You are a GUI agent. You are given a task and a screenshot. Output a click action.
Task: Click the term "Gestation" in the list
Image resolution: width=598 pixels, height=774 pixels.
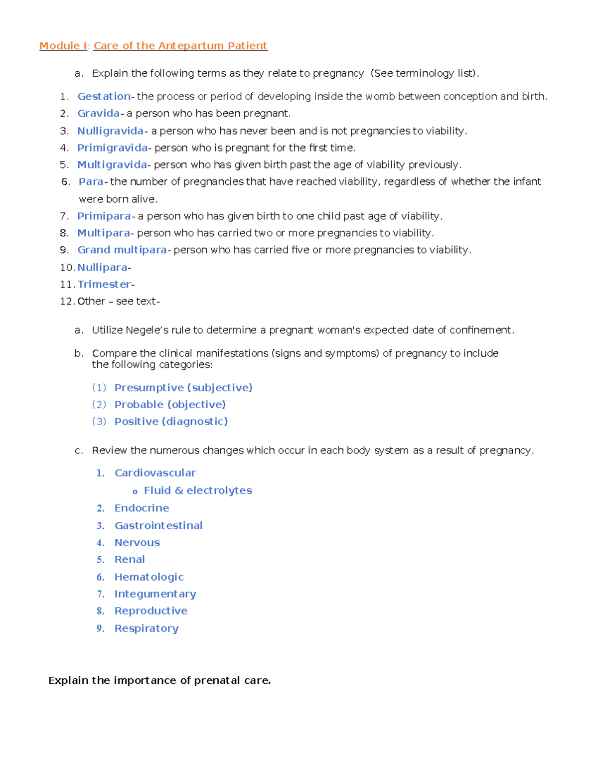[x=104, y=96]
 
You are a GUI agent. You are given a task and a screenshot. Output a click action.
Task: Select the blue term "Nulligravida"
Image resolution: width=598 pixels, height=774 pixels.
[x=110, y=131]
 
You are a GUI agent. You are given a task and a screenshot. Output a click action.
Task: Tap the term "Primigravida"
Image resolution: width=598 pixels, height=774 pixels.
[x=112, y=148]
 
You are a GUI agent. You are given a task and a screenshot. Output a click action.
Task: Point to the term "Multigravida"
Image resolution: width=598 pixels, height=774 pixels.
[x=112, y=164]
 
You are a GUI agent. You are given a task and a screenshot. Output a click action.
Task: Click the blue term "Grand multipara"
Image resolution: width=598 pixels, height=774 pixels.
[x=122, y=250]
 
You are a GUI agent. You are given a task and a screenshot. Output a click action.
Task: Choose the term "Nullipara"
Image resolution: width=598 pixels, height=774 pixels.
[x=102, y=267]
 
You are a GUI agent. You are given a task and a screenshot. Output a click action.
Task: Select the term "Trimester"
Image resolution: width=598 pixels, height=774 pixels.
[x=104, y=284]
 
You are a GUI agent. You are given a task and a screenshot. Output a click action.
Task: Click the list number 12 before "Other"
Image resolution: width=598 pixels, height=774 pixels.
[x=67, y=301]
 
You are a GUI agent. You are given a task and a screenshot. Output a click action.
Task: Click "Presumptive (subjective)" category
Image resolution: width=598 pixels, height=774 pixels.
[x=183, y=387]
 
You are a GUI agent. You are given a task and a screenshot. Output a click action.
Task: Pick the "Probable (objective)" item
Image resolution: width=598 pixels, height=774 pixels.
[x=170, y=404]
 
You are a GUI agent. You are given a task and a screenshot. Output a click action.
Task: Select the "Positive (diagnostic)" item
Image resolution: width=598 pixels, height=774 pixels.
[x=171, y=421]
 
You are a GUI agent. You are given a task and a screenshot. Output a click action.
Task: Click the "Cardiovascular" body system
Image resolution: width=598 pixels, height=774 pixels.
[x=155, y=472]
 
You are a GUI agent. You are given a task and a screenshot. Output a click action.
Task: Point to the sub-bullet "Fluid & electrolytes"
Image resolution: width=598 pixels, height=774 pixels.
[x=198, y=490]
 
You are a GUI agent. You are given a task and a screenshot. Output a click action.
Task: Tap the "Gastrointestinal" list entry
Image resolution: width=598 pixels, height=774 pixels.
[x=158, y=525]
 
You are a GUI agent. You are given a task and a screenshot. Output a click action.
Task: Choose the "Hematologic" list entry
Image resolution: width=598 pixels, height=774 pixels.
[x=149, y=577]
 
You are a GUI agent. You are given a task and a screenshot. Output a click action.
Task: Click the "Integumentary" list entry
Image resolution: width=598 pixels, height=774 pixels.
[x=155, y=594]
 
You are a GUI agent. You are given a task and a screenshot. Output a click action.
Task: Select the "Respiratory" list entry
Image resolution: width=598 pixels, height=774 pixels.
[x=147, y=628]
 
